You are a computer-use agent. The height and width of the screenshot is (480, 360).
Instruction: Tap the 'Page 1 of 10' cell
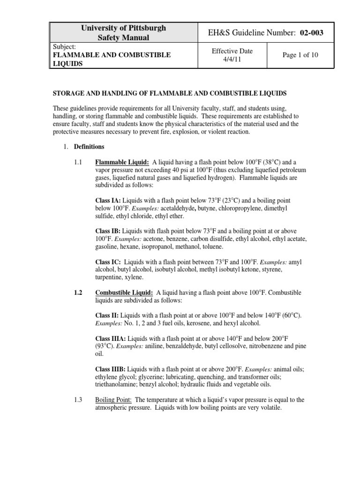coord(300,55)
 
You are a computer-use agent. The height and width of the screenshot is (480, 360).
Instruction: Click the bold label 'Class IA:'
coord(108,200)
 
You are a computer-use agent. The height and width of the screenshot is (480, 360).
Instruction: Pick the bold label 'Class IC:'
coord(108,262)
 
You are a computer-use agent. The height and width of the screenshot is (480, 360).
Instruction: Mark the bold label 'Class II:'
coord(107,315)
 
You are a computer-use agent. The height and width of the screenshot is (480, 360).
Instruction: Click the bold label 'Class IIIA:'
coord(111,338)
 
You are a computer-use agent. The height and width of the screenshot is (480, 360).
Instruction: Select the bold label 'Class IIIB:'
coord(111,369)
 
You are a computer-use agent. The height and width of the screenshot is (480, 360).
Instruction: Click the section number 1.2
coord(78,292)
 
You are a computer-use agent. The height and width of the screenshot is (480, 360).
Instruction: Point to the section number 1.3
coord(78,400)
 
